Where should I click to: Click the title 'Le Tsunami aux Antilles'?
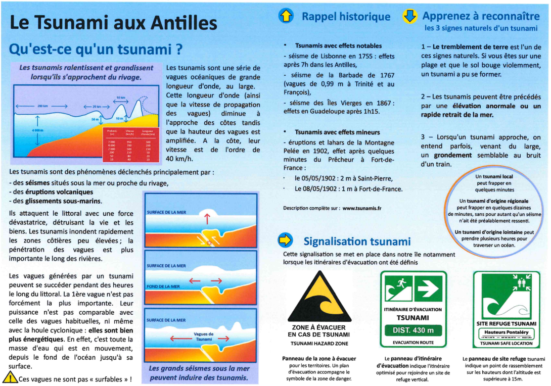point(113,23)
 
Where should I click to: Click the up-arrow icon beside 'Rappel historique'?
point(287,16)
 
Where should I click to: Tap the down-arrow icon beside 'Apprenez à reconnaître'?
point(409,16)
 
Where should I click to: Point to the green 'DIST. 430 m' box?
point(414,330)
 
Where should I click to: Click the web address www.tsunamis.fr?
point(361,208)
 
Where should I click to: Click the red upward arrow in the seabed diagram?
point(206,219)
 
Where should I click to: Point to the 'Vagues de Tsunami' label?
point(204,336)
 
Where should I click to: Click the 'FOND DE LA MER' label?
point(163,286)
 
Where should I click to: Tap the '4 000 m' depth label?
point(24,130)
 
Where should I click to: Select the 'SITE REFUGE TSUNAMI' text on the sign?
point(506,323)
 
